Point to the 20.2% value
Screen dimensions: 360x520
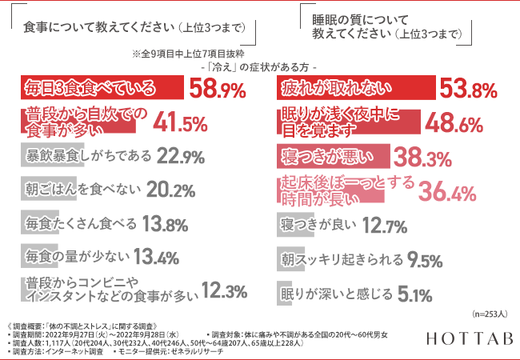click(171, 190)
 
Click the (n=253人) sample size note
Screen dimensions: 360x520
click(490, 314)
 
